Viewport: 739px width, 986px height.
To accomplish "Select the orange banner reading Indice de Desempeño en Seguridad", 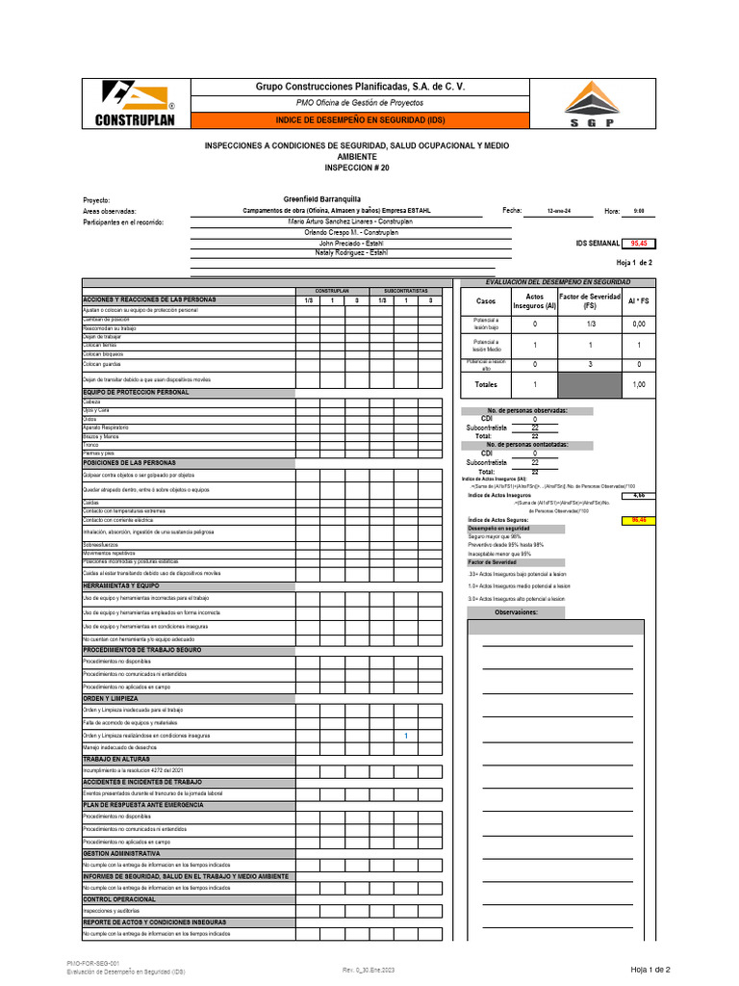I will tap(359, 119).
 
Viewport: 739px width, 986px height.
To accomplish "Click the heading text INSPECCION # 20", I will tap(357, 167).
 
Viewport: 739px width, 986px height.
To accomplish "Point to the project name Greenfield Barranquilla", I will tap(321, 199).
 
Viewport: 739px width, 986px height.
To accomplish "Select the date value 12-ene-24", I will tap(558, 211).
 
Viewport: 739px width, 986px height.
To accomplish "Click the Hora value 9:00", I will tap(639, 211).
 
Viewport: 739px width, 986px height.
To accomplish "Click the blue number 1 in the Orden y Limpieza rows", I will tap(406, 737).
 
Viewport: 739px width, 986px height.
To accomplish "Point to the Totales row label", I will tap(486, 384).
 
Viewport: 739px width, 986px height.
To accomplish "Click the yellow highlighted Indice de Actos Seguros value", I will tap(637, 520).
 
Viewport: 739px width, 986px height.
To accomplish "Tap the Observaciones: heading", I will tap(517, 611).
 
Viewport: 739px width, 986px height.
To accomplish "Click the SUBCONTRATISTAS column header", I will tap(405, 290).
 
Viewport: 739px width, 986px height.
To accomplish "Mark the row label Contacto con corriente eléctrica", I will tap(125, 520).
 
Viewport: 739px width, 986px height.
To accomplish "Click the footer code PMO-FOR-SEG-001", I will tap(92, 963).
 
